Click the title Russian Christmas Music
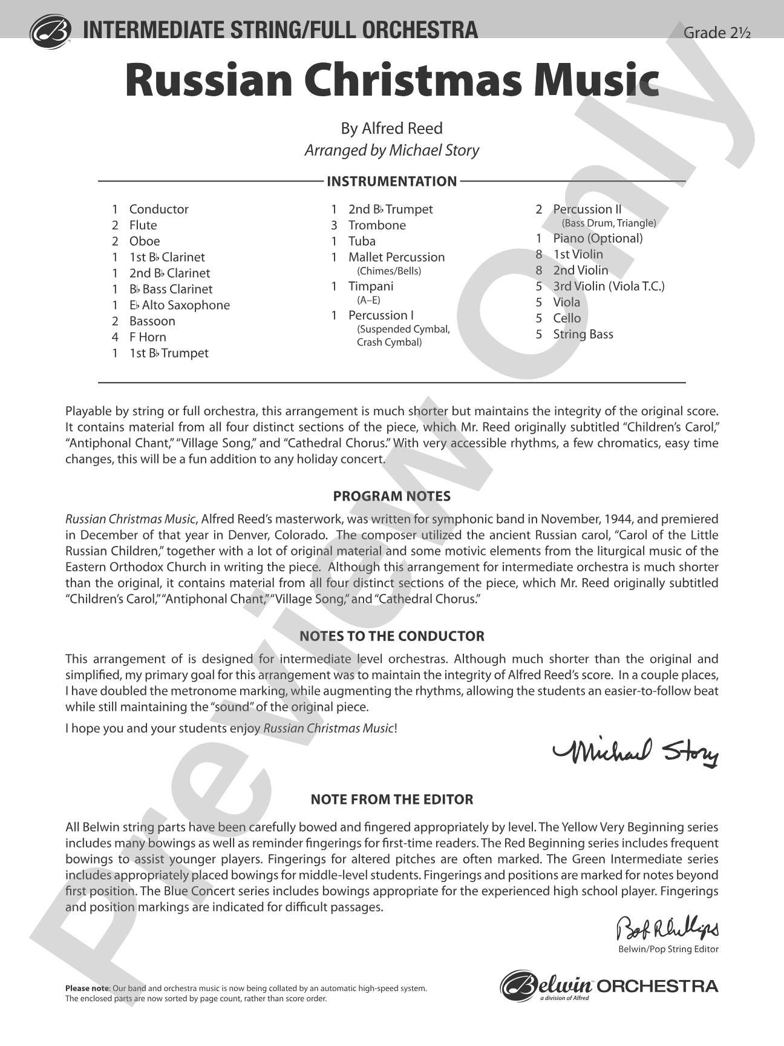coord(391,81)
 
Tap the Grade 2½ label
coord(716,33)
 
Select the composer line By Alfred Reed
coord(391,128)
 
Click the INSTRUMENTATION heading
coord(391,181)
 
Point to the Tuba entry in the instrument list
coord(362,241)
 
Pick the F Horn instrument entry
coord(148,337)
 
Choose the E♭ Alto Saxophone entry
coord(179,305)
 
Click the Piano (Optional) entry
coord(598,238)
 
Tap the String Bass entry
coord(583,334)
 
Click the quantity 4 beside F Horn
coord(115,337)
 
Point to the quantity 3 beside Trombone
coord(334,225)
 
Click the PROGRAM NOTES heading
coord(391,496)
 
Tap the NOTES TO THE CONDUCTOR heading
coord(391,636)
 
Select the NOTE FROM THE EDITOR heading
coord(391,799)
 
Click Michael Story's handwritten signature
coord(635,751)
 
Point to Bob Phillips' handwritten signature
coord(667,928)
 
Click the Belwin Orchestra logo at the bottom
coord(609,987)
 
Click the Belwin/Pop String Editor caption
coord(668,949)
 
